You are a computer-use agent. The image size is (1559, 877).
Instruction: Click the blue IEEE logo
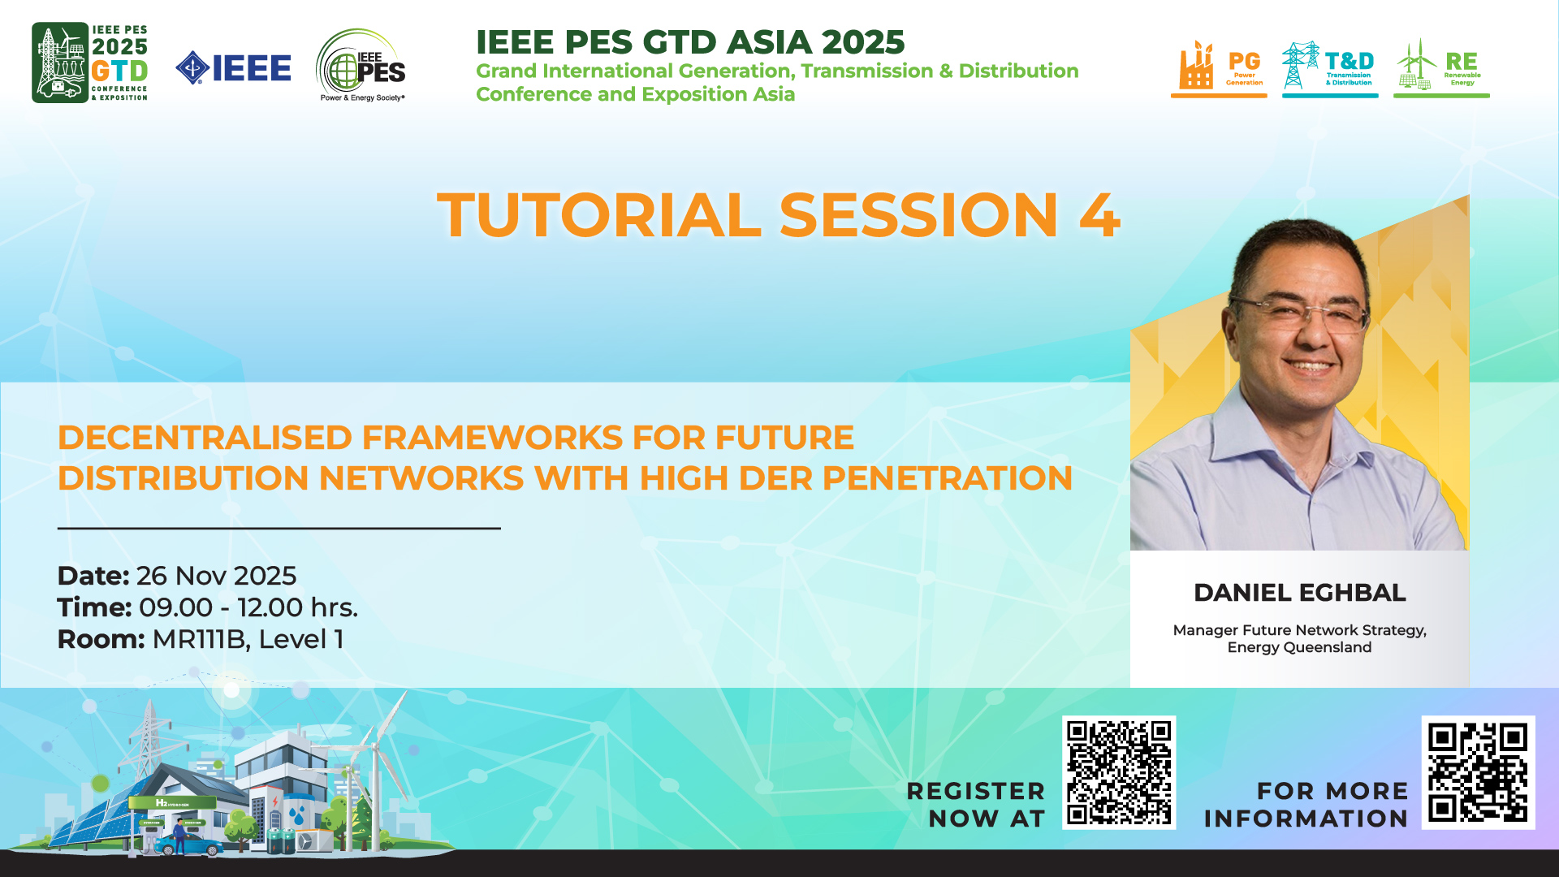click(x=233, y=67)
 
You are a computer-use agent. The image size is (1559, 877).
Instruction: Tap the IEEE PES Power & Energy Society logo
click(x=361, y=66)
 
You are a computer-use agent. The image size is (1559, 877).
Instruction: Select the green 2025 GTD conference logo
click(x=90, y=63)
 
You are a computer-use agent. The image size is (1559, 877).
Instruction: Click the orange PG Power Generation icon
click(x=1219, y=68)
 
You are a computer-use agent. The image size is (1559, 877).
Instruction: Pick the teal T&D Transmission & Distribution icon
click(x=1330, y=68)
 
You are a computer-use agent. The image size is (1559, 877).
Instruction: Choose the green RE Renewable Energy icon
click(x=1441, y=68)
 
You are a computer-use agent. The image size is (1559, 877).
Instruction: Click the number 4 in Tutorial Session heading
click(x=1100, y=215)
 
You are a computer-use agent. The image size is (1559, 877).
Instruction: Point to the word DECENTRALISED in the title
click(x=205, y=438)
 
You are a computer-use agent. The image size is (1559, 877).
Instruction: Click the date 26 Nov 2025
click(x=216, y=576)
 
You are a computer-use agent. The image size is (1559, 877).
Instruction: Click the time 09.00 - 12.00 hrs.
click(x=248, y=607)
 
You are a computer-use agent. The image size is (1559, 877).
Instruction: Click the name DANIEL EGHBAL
click(x=1299, y=593)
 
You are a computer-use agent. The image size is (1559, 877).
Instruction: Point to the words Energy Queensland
click(x=1299, y=647)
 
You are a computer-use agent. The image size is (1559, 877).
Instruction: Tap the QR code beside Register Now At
click(x=1119, y=772)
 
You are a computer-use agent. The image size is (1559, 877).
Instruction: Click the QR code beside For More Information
click(x=1478, y=772)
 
